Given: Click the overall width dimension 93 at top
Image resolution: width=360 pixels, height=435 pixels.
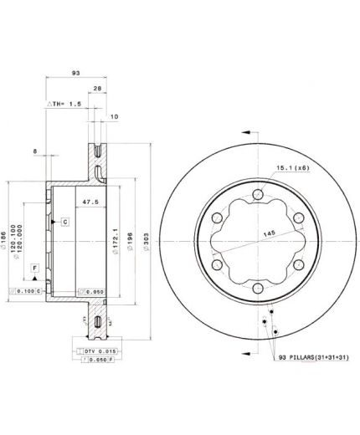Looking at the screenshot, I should click(75, 74).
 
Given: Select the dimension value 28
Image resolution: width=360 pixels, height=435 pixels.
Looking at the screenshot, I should click(98, 89).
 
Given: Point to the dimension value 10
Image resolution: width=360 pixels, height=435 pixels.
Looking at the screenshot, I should click(113, 117).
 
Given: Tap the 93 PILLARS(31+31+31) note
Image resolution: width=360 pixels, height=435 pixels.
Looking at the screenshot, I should click(310, 358).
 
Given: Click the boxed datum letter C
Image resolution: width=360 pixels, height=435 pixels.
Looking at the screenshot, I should click(64, 221).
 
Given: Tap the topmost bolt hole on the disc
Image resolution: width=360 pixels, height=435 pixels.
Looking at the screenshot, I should click(255, 197).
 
